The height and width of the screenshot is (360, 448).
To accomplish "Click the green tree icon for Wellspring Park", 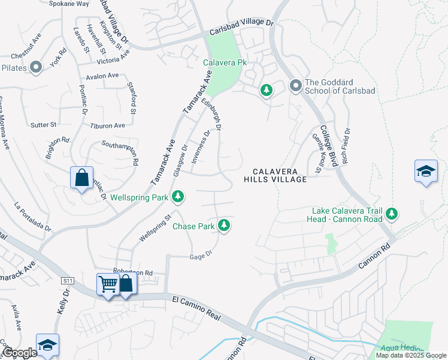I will coord(178,196).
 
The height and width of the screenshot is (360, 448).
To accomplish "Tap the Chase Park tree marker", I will coord(224,226).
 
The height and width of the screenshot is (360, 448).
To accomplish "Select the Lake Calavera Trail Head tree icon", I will coord(392,213).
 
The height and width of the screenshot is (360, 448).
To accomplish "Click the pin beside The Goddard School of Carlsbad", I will coord(295,86).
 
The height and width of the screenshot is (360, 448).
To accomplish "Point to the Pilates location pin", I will coord(35,68).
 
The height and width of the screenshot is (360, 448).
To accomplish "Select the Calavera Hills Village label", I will coord(276,175).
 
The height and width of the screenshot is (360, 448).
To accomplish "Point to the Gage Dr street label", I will coord(201,255).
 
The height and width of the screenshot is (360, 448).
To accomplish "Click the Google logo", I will coord(19,353).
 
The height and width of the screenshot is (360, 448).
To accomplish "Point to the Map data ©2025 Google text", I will coord(410,355).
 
